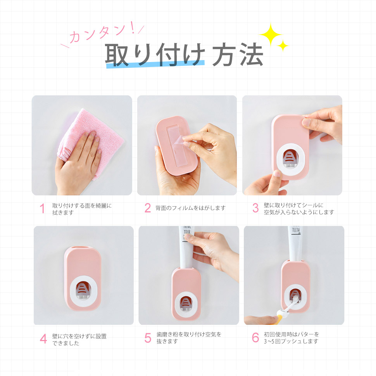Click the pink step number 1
click(x=43, y=209)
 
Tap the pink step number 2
click(x=148, y=208)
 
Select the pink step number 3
click(x=255, y=208)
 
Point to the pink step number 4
click(x=43, y=339)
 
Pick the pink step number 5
click(x=148, y=338)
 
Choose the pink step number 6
click(x=255, y=338)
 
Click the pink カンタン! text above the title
click(x=102, y=35)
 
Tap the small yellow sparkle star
click(x=283, y=46)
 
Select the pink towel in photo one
click(x=93, y=128)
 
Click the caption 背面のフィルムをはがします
click(x=190, y=208)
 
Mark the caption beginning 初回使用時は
click(x=291, y=338)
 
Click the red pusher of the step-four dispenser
click(x=83, y=289)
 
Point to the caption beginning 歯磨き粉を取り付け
click(x=189, y=338)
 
